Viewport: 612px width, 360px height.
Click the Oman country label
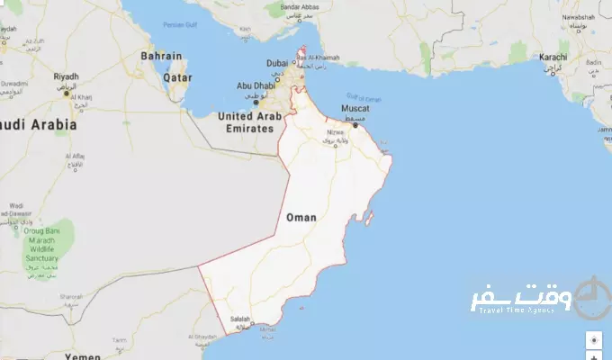(x=300, y=218)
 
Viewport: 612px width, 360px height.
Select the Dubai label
(x=277, y=62)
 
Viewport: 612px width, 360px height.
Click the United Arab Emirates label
(x=245, y=122)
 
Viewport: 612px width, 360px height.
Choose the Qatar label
(x=177, y=77)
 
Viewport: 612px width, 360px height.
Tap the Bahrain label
(x=162, y=56)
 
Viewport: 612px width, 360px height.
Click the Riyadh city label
(x=67, y=77)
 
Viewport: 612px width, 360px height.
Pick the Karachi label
(x=553, y=57)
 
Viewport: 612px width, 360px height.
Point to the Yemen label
(x=83, y=356)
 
